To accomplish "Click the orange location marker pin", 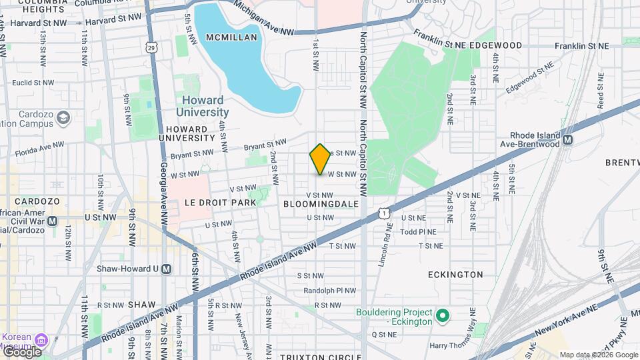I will pos(321,159).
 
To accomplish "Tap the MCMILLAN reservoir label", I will pos(231,37).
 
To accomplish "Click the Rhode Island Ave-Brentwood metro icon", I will pos(568,140).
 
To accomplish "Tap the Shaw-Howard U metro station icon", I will pos(167,269).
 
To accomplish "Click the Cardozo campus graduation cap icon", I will pos(63,118).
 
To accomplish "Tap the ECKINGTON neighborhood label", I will pos(456,274).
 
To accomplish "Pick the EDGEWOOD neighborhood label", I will pos(495,45).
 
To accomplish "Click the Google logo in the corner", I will pos(22,351).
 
